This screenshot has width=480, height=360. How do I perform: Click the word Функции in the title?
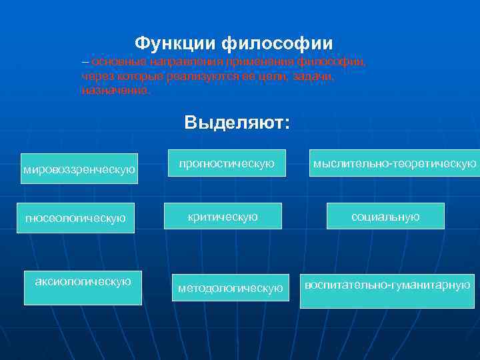click(x=175, y=44)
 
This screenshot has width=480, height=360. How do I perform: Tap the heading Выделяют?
click(x=237, y=123)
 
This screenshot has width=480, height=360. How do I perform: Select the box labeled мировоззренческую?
click(x=79, y=169)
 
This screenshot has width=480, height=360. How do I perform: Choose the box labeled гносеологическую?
click(x=75, y=218)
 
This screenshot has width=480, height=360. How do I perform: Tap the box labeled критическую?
click(x=223, y=217)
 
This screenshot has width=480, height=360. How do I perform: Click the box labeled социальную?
click(x=385, y=216)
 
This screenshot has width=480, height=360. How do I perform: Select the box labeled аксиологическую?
click(x=83, y=287)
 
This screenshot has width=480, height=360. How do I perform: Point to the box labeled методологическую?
click(x=231, y=287)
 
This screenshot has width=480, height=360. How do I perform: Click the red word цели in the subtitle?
click(x=273, y=76)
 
